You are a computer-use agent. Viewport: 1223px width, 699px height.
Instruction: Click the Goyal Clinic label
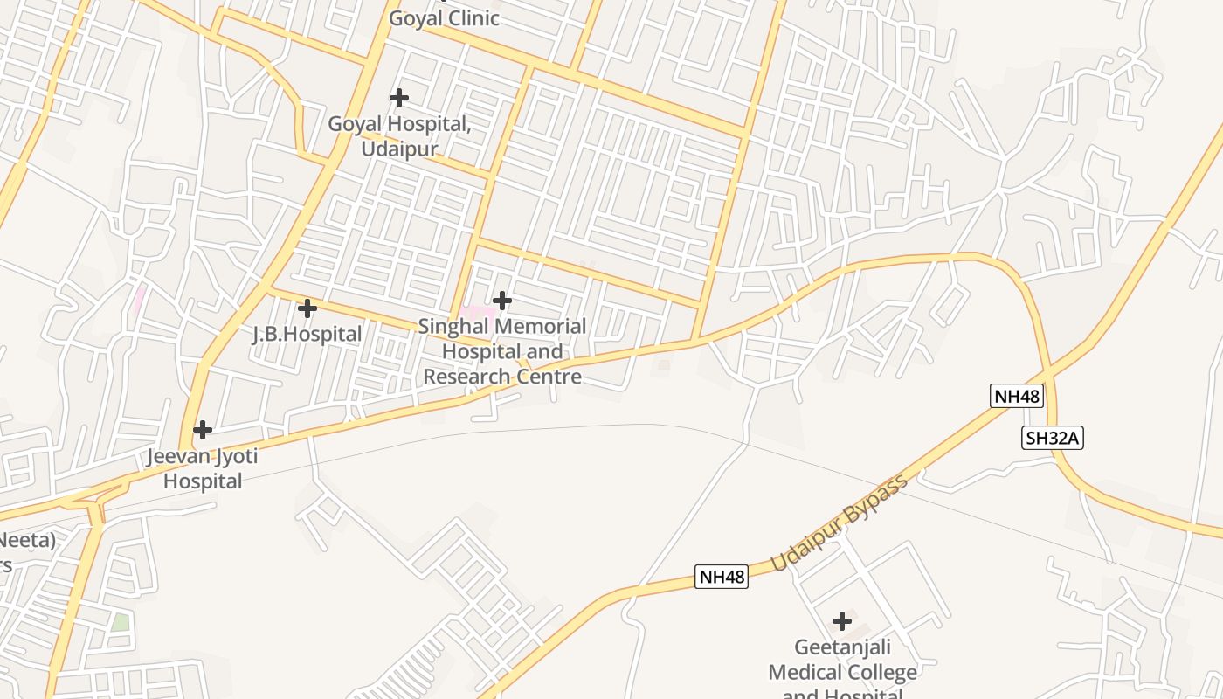click(444, 18)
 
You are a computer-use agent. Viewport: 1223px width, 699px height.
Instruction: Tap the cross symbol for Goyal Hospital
click(399, 98)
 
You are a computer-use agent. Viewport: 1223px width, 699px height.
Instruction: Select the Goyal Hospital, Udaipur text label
click(399, 136)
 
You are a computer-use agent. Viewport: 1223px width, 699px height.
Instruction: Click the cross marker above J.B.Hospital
click(307, 308)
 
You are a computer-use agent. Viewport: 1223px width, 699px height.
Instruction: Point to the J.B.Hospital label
click(307, 334)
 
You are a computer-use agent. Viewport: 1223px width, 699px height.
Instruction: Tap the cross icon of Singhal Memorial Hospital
click(502, 301)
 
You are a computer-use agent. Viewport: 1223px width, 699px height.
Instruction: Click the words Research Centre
click(502, 377)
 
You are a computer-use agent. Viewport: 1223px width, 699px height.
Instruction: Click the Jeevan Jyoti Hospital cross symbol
click(203, 430)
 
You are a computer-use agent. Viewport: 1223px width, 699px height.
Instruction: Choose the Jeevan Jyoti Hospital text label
click(203, 468)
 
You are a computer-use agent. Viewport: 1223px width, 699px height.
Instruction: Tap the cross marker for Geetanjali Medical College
click(842, 621)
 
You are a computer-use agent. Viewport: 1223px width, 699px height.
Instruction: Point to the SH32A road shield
click(1053, 438)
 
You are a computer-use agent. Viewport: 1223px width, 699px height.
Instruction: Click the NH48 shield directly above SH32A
click(1018, 396)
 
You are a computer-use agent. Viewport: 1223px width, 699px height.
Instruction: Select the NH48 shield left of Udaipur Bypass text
click(722, 577)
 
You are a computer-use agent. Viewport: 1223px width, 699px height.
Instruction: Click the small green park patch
click(120, 623)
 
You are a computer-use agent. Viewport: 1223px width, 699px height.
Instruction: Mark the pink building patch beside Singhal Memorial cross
click(476, 312)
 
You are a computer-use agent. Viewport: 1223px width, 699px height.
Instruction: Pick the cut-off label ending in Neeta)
click(26, 540)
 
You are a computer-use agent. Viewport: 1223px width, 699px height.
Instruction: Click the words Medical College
click(843, 672)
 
